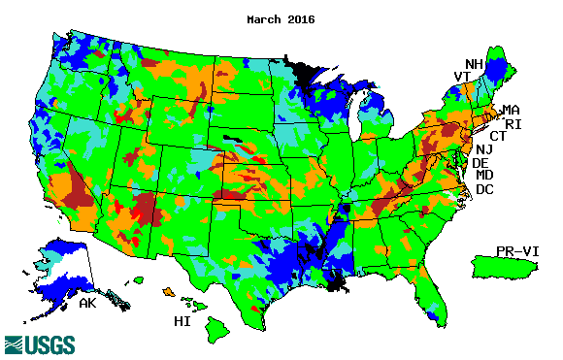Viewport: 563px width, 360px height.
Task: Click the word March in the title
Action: point(265,18)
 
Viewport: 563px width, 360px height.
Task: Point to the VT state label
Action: point(462,77)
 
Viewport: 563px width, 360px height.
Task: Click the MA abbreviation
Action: point(511,110)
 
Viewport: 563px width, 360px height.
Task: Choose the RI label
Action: point(513,123)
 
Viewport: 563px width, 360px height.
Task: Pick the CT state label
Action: point(498,136)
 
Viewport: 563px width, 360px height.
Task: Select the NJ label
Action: point(482,149)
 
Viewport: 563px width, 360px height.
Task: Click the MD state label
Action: point(483,176)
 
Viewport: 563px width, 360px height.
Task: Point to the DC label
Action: point(483,189)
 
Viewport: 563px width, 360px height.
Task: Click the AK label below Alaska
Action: point(87,305)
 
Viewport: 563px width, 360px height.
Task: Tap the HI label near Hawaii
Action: point(182,320)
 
